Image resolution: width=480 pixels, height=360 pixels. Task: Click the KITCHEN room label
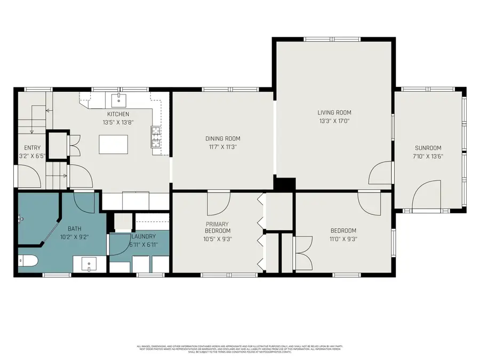tap(118, 114)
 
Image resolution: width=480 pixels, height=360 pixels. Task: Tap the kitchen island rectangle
tap(114, 143)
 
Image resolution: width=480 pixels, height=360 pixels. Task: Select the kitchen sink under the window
tap(118, 99)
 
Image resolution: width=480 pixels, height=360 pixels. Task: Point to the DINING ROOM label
tap(222, 139)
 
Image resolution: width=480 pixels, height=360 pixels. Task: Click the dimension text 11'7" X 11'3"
tap(222, 147)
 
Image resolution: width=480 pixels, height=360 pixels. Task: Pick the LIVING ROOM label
tap(334, 113)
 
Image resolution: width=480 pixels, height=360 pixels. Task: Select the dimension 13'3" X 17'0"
tap(334, 121)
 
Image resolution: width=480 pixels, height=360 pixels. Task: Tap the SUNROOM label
tap(428, 148)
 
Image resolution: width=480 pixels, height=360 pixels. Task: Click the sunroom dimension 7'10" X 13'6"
tap(428, 156)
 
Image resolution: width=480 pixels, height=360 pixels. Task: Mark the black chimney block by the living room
tap(284, 184)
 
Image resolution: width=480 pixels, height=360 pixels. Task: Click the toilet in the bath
tap(29, 261)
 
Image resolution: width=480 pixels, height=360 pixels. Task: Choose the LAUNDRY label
tap(142, 236)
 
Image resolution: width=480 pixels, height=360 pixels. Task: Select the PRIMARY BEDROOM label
tap(218, 227)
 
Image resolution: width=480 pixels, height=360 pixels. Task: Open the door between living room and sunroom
tap(382, 173)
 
